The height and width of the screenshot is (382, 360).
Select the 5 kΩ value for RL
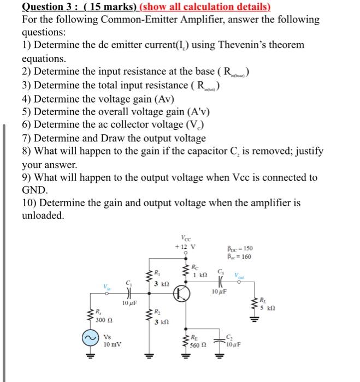268,308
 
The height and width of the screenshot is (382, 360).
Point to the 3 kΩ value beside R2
162,322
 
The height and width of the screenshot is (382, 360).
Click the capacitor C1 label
128,283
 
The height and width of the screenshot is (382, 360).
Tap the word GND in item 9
34,190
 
